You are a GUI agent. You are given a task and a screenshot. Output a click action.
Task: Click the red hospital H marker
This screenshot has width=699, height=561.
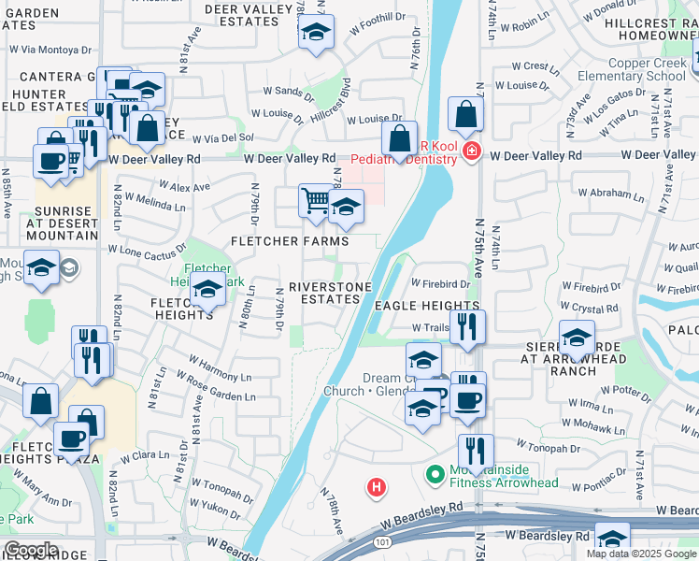point(376,487)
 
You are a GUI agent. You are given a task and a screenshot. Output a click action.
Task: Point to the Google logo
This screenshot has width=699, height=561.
point(31,550)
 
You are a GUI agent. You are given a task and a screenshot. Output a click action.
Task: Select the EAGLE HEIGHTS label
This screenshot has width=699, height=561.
point(427,306)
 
